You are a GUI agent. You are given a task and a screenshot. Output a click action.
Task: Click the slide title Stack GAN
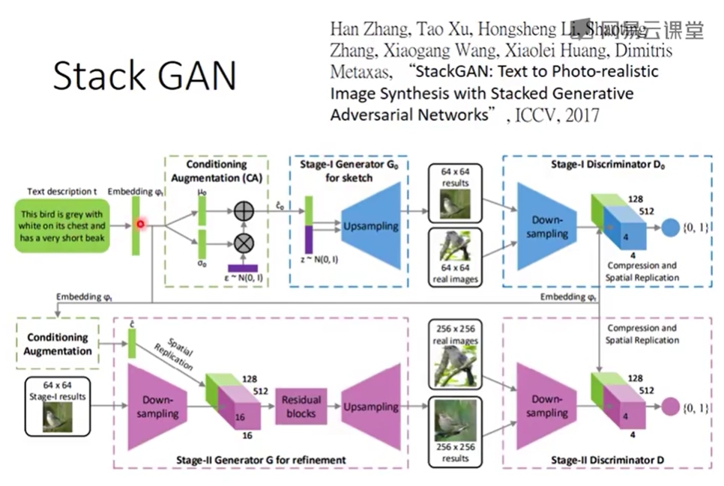(145, 76)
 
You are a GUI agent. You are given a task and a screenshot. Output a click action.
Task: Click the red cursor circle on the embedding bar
(140, 224)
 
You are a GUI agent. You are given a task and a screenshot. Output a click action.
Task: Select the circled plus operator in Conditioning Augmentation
(244, 212)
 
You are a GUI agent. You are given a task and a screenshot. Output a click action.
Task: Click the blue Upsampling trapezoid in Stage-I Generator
(371, 226)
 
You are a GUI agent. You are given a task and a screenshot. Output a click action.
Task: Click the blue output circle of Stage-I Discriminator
(670, 226)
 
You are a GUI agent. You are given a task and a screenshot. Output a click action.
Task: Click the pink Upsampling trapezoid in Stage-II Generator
(371, 407)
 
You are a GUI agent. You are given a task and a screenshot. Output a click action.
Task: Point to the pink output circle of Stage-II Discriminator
(670, 407)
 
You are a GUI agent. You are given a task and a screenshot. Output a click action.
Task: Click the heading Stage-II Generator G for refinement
(270, 460)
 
